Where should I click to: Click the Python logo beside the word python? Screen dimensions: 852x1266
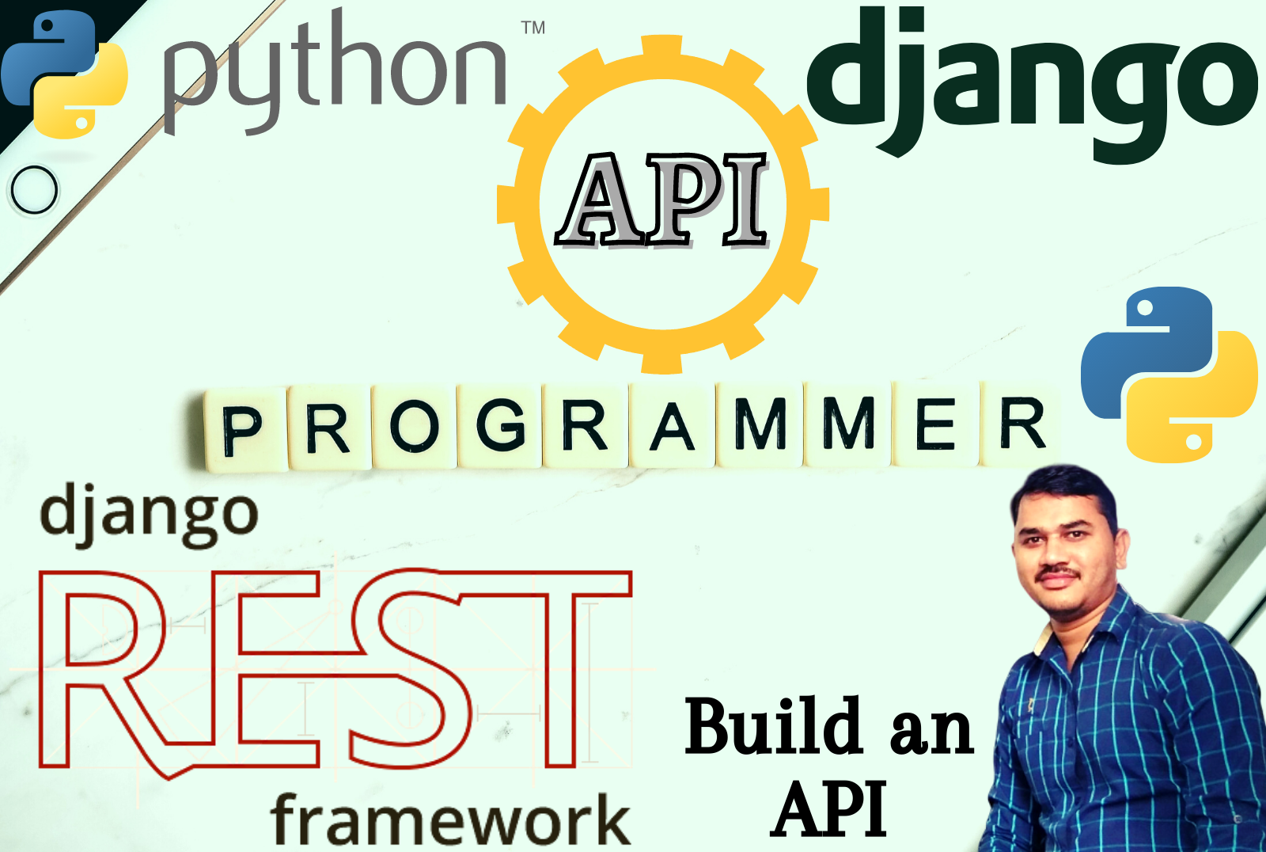pos(65,75)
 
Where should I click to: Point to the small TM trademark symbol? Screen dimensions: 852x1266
pos(533,29)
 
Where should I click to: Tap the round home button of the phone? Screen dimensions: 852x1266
pos(35,190)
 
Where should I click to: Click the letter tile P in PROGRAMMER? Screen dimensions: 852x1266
pos(242,430)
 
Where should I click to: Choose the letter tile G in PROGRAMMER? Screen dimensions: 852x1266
pos(500,425)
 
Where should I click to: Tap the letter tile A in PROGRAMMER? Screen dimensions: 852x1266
pos(672,427)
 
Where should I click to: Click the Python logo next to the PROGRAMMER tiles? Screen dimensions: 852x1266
pos(1169,375)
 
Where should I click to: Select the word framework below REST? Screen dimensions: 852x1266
pos(449,820)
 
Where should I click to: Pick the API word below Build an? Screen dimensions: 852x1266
pos(830,809)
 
